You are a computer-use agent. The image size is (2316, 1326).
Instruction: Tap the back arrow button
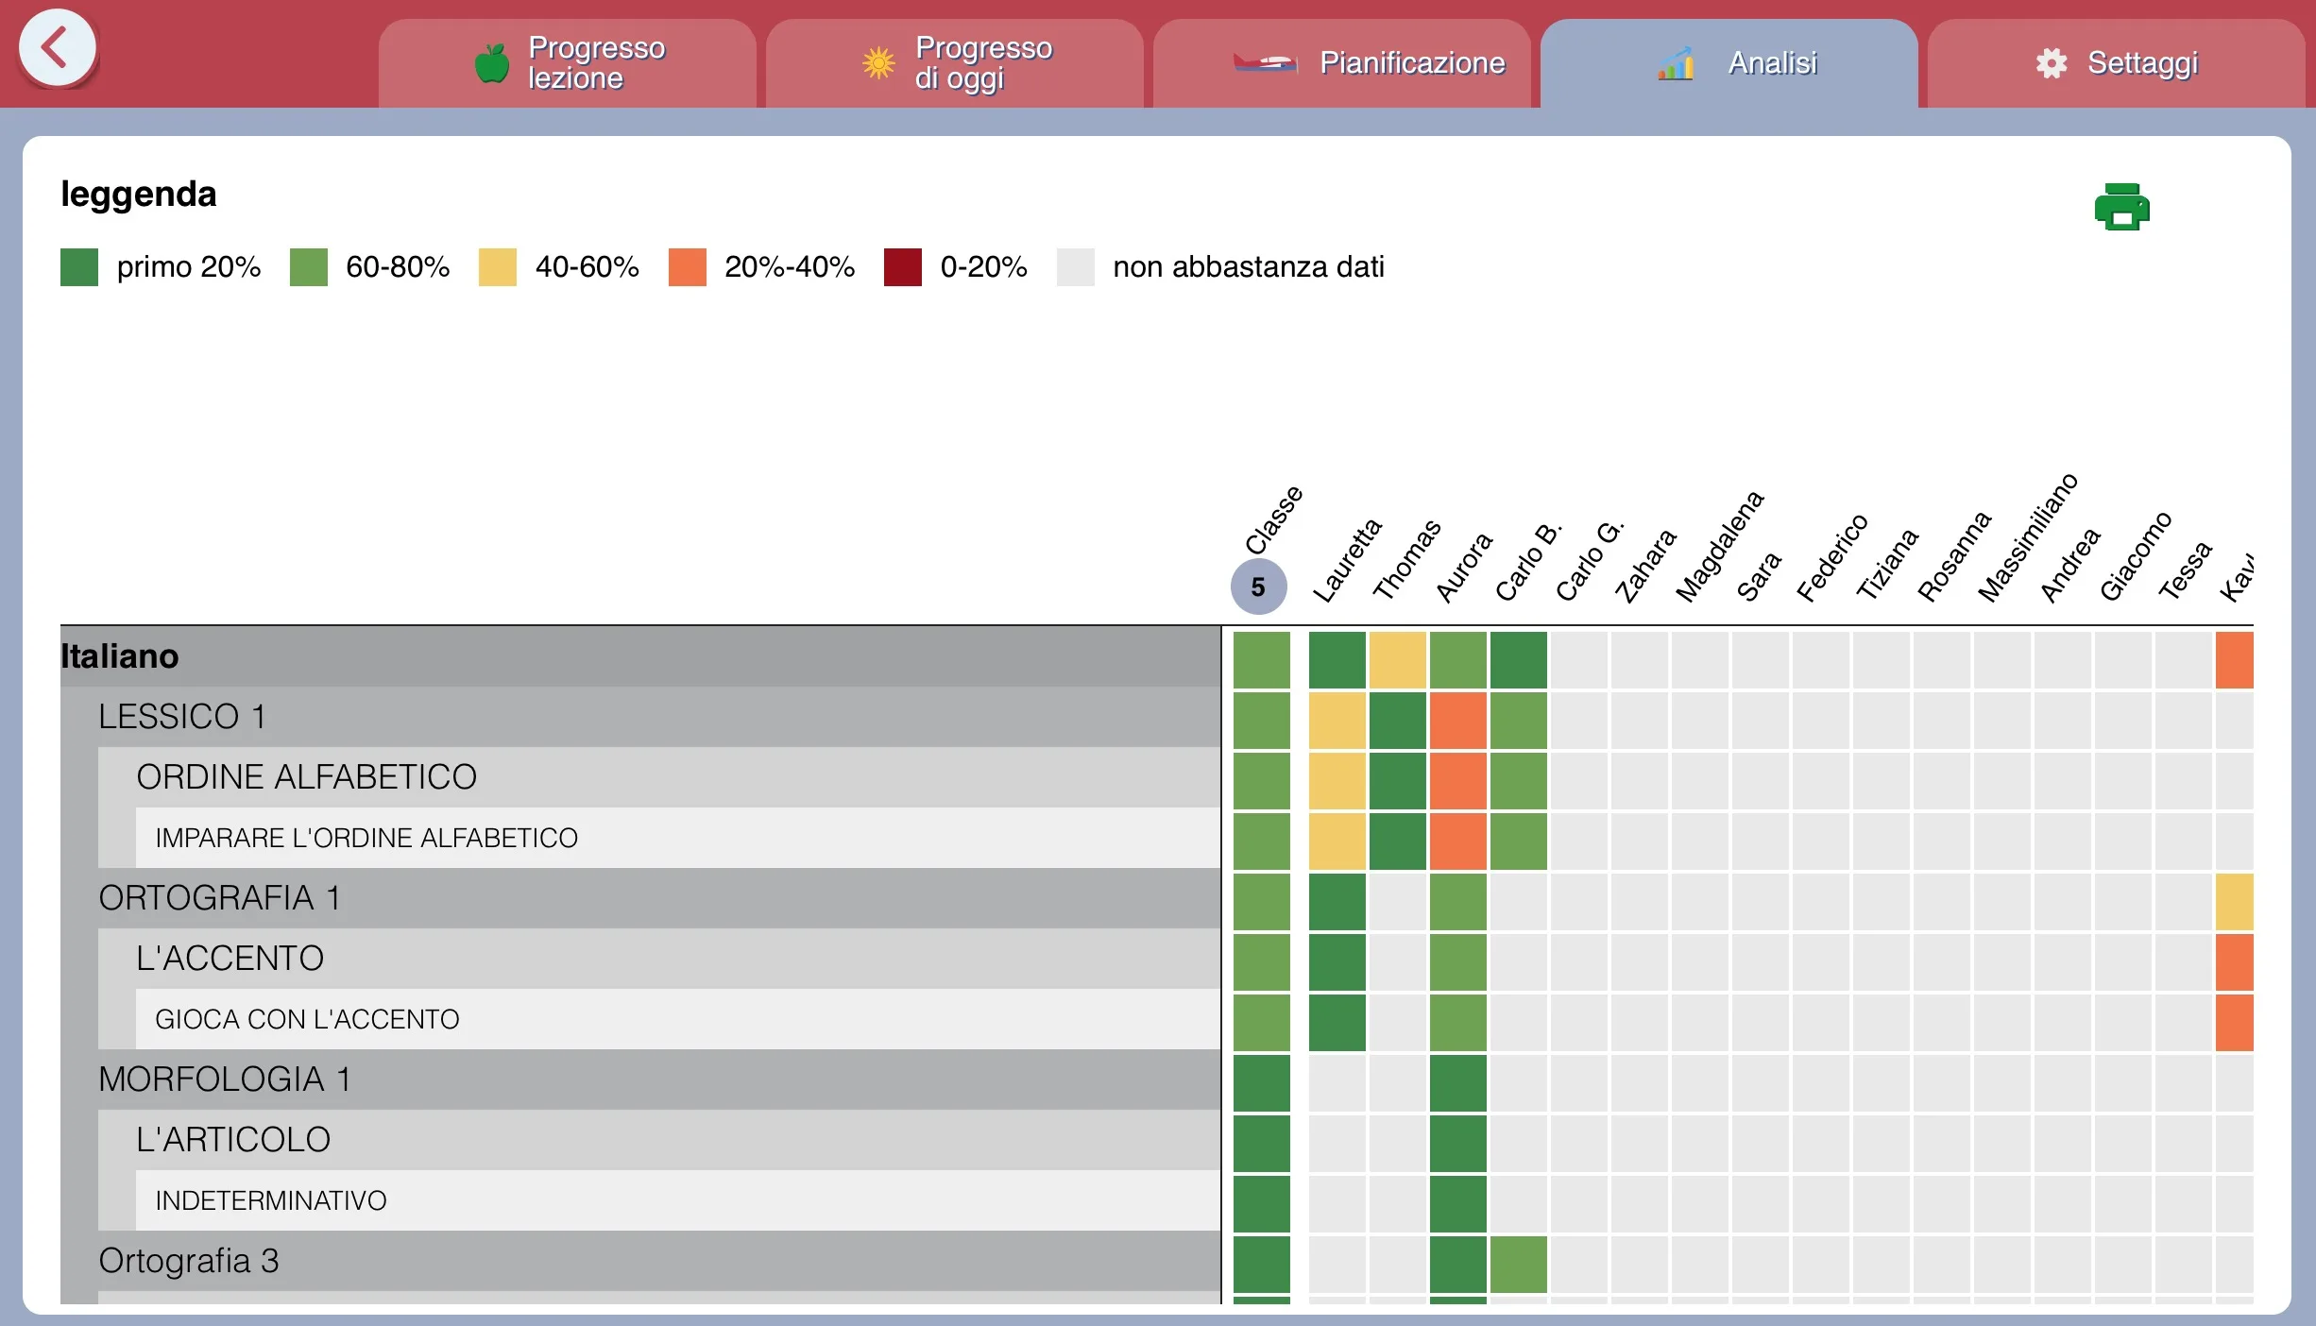57,48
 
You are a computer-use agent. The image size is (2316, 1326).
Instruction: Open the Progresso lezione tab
568,63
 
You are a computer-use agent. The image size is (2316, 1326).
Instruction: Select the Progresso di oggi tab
955,63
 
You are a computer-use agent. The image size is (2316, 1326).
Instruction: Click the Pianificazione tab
1342,63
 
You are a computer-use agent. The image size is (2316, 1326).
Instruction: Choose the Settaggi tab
2117,63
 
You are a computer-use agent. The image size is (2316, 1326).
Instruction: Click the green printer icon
2121,207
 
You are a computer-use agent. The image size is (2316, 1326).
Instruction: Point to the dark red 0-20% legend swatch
902,267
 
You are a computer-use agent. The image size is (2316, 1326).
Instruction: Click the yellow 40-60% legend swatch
497,267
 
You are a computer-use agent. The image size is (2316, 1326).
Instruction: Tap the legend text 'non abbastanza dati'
1248,267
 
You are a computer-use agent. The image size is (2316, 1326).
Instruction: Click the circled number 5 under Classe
1258,586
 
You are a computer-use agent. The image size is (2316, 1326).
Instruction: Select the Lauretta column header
1347,559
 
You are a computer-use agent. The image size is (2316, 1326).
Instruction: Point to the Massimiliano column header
2028,537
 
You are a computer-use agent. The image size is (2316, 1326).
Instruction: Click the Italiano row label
120,656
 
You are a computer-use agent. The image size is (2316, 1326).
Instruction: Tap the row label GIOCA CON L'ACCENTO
307,1019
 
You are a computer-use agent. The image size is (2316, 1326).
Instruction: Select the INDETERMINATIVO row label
271,1200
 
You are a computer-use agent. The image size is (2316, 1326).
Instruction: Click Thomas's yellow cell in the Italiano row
1397,660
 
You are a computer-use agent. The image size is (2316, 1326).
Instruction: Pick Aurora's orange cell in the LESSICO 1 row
1457,721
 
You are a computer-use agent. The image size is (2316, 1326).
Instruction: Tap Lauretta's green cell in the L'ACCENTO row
1337,962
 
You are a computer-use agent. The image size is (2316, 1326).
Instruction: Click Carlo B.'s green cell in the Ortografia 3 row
1518,1265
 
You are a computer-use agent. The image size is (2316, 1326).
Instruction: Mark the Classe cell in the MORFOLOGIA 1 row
1261,1083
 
